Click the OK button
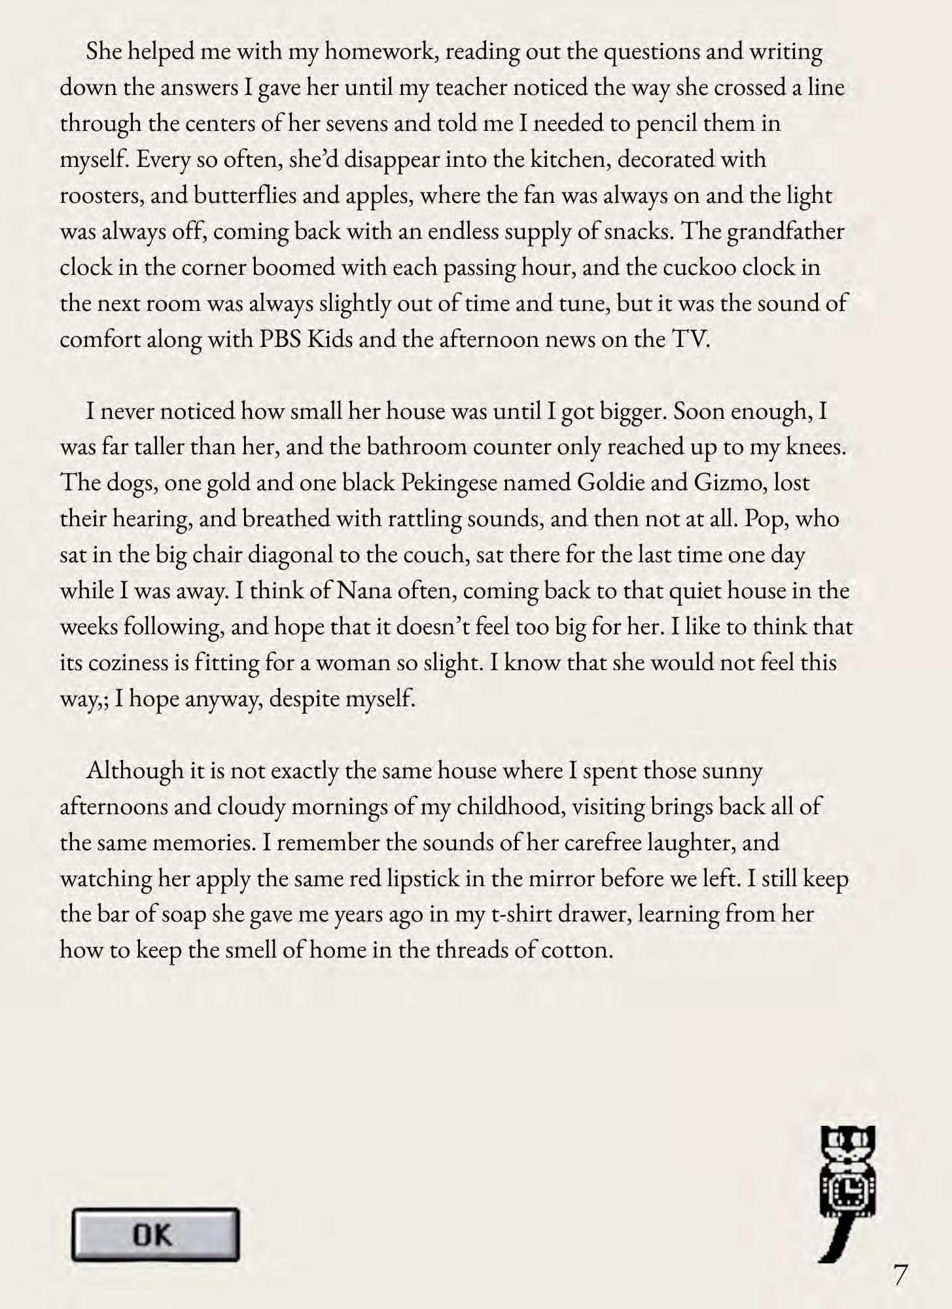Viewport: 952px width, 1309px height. tap(155, 1235)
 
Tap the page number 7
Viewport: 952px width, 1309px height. tap(900, 1275)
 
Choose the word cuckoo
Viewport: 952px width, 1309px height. tap(707, 268)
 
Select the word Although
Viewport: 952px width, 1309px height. tap(134, 770)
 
